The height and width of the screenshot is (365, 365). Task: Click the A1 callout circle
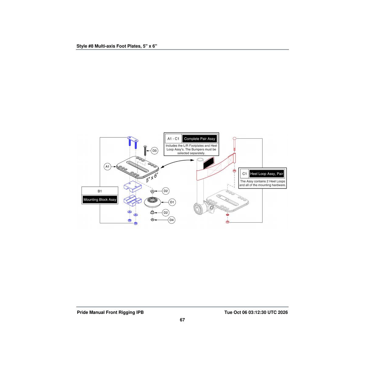[x=107, y=167]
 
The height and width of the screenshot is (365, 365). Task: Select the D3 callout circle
[x=155, y=151]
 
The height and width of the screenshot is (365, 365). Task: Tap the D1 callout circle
[x=172, y=202]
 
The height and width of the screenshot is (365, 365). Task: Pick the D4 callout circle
[x=172, y=220]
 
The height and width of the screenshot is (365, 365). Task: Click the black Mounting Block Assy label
[x=100, y=200]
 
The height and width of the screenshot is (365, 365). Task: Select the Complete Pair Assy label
[x=200, y=139]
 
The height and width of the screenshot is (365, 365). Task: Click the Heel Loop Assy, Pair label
[x=266, y=174]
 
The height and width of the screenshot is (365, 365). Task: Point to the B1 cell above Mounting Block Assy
[x=100, y=191]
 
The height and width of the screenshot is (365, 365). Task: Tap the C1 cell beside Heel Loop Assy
[x=245, y=174]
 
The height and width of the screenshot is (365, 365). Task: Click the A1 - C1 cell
[x=173, y=139]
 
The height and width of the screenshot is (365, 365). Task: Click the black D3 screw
[x=145, y=151]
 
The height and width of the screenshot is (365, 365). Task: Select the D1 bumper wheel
[x=152, y=202]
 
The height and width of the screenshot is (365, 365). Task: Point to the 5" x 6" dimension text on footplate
[x=152, y=177]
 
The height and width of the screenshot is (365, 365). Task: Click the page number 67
[x=182, y=320]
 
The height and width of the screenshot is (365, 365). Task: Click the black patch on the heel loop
[x=209, y=163]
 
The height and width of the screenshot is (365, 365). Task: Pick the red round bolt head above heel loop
[x=234, y=138]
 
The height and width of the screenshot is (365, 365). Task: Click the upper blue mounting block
[x=133, y=186]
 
